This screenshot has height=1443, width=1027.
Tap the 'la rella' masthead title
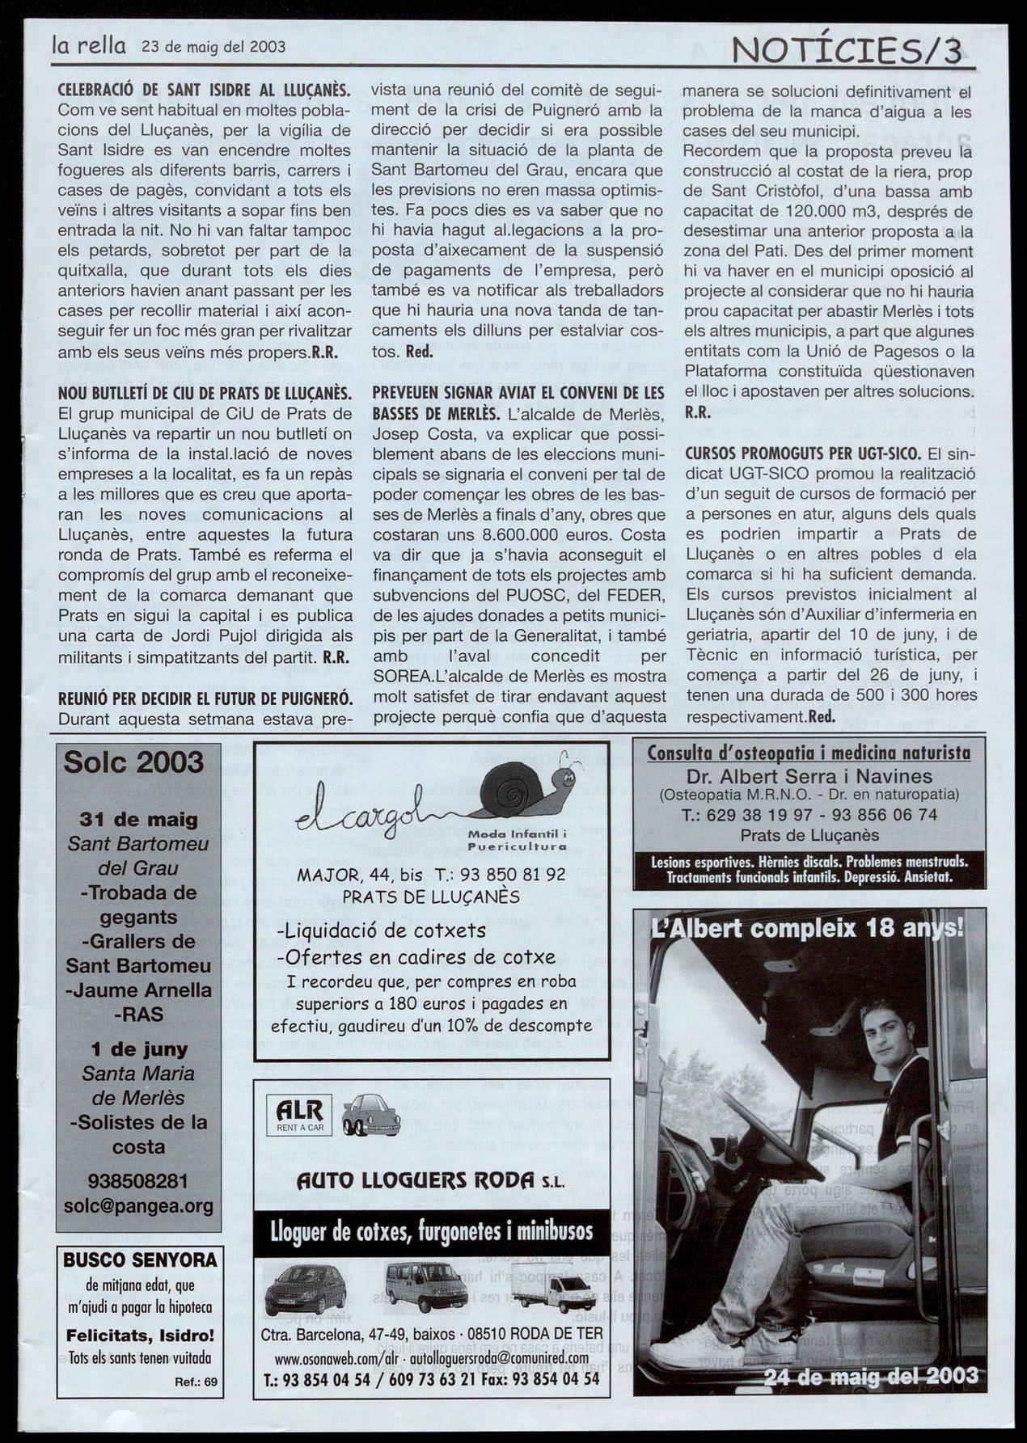[x=88, y=46]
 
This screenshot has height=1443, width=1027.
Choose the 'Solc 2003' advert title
[x=133, y=762]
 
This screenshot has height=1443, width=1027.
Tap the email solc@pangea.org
[x=138, y=1206]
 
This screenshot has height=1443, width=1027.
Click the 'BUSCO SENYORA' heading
[x=140, y=1259]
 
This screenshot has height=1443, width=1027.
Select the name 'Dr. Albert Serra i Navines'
[x=809, y=777]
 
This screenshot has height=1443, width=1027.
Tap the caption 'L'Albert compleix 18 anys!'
[x=806, y=928]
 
